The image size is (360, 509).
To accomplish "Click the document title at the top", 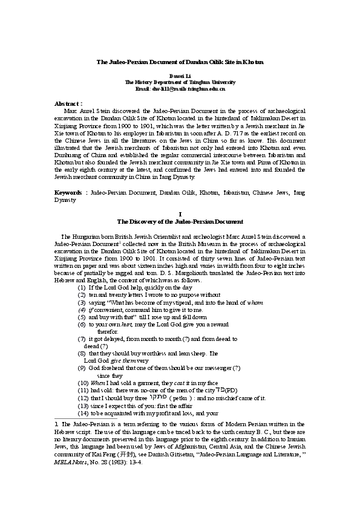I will [180, 62].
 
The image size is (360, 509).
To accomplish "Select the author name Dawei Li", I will [180, 76].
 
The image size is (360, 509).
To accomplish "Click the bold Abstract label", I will [68, 104].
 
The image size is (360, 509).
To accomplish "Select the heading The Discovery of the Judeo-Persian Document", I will [180, 222].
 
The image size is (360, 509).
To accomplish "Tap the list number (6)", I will [81, 325].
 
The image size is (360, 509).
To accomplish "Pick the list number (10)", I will [83, 383].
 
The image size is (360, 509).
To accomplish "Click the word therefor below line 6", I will [108, 332].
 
